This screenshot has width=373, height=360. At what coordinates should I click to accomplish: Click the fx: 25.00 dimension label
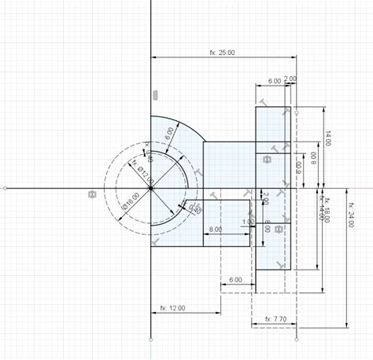click(222, 53)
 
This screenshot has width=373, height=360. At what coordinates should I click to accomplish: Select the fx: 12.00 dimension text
click(172, 308)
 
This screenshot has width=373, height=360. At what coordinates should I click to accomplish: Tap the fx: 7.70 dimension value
click(275, 319)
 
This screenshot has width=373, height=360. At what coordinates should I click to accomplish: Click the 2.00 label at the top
click(290, 79)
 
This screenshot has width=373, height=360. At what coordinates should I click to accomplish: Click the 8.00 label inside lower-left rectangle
click(214, 230)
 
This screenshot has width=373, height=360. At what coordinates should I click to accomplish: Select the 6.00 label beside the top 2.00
click(275, 80)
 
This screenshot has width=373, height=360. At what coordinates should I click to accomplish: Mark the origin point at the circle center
click(150, 189)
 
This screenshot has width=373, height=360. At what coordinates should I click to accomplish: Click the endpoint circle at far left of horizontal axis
click(6, 189)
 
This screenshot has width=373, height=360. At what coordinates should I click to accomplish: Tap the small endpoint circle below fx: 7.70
click(297, 340)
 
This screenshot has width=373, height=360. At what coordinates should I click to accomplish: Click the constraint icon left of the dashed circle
click(93, 194)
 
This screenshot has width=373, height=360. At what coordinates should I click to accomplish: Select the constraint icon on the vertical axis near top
click(155, 95)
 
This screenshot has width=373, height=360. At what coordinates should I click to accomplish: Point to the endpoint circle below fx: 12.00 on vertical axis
click(150, 340)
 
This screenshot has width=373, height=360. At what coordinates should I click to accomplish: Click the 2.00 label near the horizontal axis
click(265, 197)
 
